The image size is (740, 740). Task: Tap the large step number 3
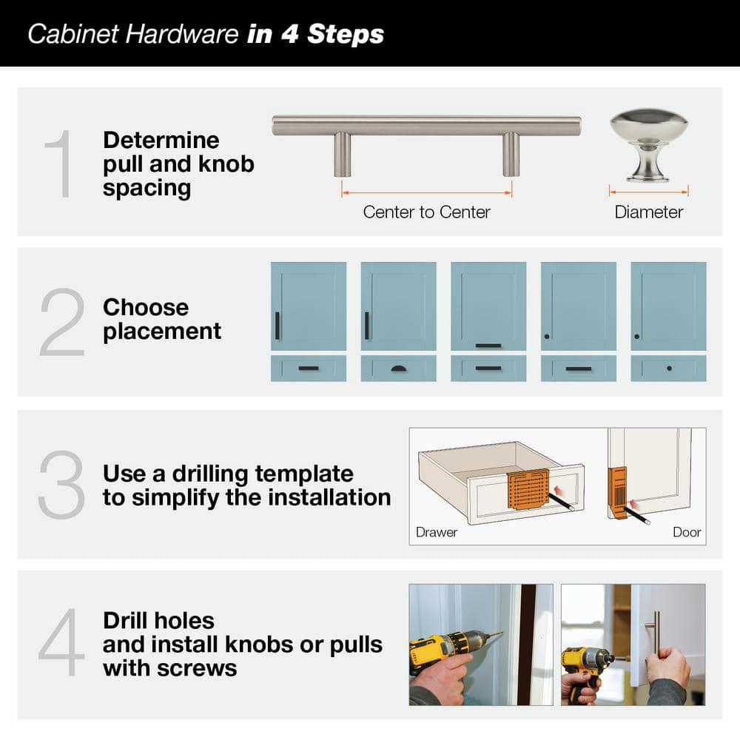click(61, 485)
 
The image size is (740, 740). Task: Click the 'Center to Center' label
click(426, 212)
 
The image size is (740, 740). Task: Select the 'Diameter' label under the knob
click(648, 212)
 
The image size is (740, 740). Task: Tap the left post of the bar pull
click(341, 153)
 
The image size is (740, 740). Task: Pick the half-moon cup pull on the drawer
click(398, 367)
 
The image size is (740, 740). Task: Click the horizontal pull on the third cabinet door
click(488, 345)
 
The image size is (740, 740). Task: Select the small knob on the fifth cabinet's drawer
click(669, 368)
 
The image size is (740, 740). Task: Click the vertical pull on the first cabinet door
click(277, 326)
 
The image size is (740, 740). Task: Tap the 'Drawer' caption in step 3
click(437, 532)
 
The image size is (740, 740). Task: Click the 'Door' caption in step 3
click(686, 532)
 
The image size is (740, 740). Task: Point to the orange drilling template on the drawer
click(528, 488)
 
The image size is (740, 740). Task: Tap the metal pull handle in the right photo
click(656, 633)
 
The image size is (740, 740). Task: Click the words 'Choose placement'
click(161, 319)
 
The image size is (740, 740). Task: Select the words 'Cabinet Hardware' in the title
click(133, 34)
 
